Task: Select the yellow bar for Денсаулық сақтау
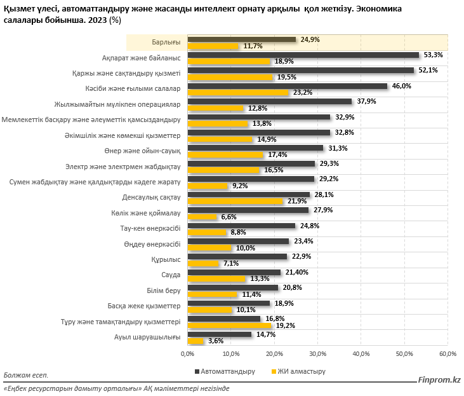[235, 201]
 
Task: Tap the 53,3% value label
[434, 55]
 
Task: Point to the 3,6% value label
[215, 341]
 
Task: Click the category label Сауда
[171, 275]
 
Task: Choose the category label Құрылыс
[167, 259]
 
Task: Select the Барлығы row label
[166, 42]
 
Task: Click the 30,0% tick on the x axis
[317, 353]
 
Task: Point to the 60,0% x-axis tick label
[447, 353]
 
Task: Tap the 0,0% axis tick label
[187, 353]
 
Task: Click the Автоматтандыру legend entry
[225, 371]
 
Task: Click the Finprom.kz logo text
[438, 379]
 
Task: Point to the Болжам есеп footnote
[25, 376]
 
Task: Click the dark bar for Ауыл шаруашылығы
[218, 334]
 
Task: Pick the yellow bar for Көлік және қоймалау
[201, 217]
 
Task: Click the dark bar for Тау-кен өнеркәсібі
[241, 226]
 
